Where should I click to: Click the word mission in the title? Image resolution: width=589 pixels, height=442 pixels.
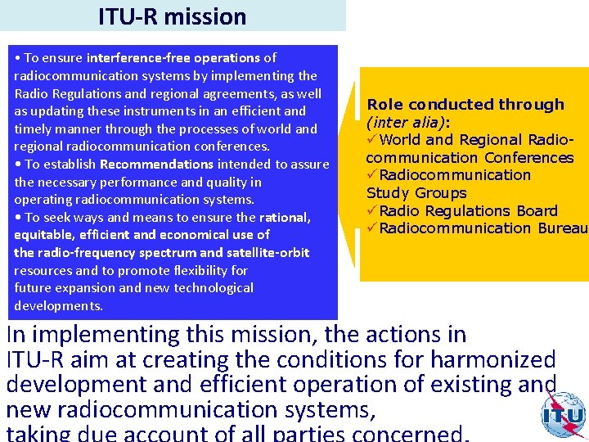coord(209,16)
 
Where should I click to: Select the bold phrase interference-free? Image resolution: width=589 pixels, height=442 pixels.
coord(131,58)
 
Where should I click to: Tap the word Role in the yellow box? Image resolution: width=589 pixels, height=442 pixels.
coord(385,105)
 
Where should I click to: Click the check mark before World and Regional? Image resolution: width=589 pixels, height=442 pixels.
coord(372,140)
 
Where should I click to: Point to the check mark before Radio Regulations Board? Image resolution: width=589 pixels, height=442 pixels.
coord(372,211)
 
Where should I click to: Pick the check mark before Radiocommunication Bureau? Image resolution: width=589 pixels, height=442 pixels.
coord(372,228)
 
